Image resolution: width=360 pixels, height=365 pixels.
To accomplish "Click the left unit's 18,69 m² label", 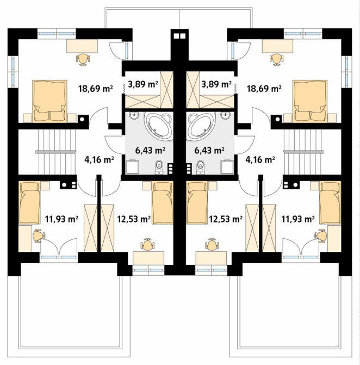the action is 96,89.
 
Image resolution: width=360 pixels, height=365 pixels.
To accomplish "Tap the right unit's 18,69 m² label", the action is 264,89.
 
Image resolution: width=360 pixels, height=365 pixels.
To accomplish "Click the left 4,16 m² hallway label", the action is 99,159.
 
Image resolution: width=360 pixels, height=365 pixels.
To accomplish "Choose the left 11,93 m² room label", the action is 61,219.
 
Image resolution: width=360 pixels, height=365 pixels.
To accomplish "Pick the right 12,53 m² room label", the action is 226,219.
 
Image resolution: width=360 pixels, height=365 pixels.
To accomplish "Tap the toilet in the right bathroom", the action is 200,167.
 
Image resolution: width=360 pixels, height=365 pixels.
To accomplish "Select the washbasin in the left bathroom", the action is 134,116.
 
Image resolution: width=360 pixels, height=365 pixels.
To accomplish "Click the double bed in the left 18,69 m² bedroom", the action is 50,101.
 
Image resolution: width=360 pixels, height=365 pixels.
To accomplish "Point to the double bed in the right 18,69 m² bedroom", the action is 310,101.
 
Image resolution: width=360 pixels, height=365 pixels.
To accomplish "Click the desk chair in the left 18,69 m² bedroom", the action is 83,59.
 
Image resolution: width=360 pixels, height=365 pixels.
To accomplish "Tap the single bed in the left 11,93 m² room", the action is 29,202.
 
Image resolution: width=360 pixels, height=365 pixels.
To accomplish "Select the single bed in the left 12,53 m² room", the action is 163,203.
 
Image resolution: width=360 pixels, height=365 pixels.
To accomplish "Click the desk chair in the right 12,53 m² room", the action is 212,244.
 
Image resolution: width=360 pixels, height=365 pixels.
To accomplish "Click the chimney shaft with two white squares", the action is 179,36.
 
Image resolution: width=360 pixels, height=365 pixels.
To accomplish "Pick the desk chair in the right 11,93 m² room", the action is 321,236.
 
